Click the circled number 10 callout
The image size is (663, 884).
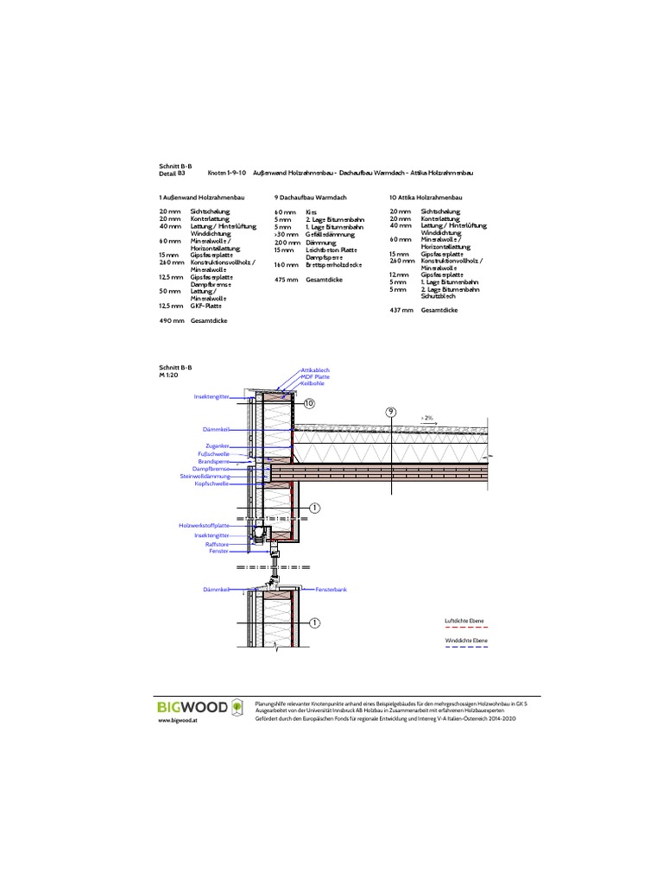pyautogui.click(x=310, y=403)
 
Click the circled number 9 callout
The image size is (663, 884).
pyautogui.click(x=390, y=413)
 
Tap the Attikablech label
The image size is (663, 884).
pyautogui.click(x=315, y=369)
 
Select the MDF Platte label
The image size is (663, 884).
pyautogui.click(x=314, y=377)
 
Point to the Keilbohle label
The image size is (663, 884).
pyautogui.click(x=313, y=384)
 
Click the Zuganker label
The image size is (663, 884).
pyautogui.click(x=217, y=445)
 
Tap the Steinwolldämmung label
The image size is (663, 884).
pyautogui.click(x=205, y=477)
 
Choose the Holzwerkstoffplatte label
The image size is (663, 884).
pyautogui.click(x=204, y=526)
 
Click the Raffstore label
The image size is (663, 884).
pyautogui.click(x=217, y=543)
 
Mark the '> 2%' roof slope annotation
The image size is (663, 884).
pyautogui.click(x=427, y=417)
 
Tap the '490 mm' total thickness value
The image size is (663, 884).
pyautogui.click(x=172, y=320)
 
